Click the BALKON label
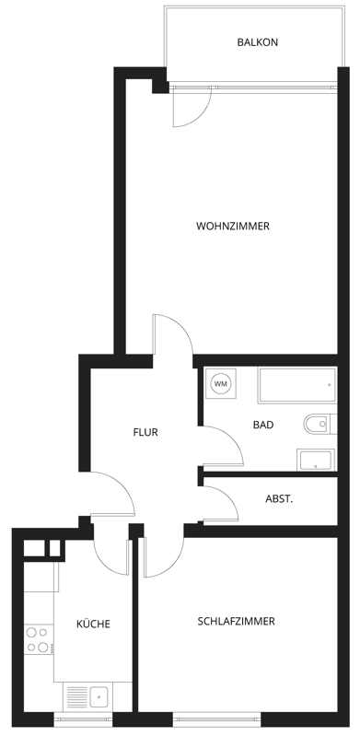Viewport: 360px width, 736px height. pos(257,42)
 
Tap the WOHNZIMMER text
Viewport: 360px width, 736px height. pos(233,227)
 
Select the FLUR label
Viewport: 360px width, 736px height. pos(145,432)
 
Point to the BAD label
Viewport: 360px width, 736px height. pos(263,425)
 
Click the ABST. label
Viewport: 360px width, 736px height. pos(279,499)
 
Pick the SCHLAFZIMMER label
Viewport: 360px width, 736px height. pos(236,622)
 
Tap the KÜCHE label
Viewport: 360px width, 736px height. pos(93,624)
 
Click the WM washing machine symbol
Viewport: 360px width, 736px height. pos(221,384)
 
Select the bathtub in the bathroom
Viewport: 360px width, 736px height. pos(297,385)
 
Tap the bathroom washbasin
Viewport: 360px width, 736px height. pos(316,460)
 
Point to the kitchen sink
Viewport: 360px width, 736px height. pos(87,696)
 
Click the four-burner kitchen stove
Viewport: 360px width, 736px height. pos(39,640)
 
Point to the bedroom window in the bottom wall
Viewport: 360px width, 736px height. pos(216,718)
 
